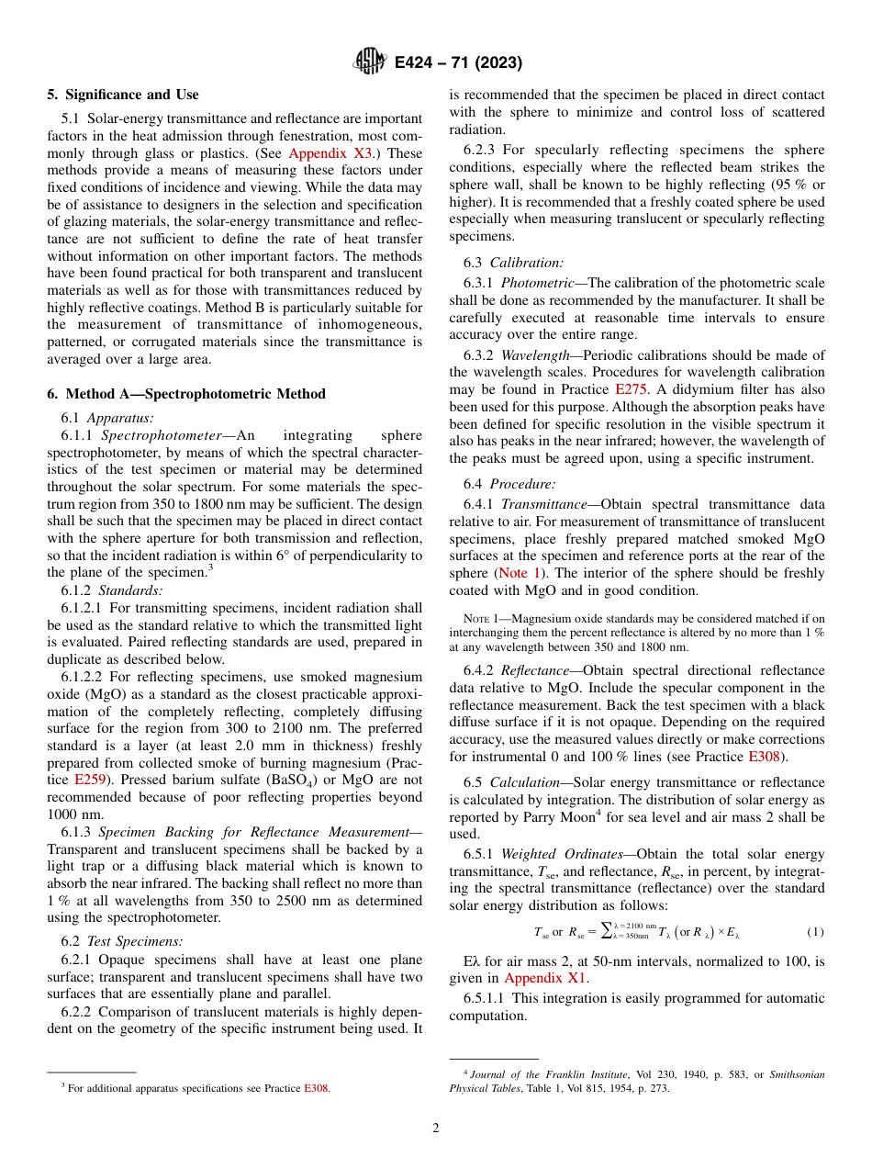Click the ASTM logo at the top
tap(370, 63)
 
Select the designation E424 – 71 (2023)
tap(458, 63)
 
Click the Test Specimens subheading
tap(135, 940)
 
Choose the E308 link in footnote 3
tap(316, 1088)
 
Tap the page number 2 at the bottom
tap(436, 1129)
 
